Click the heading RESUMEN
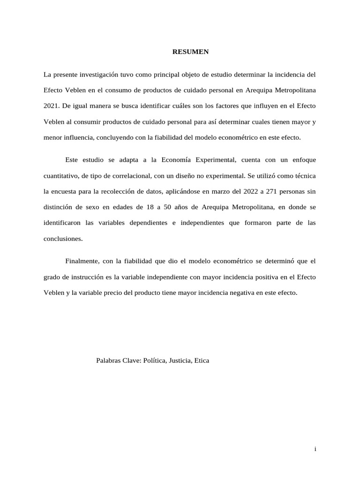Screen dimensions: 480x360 pyautogui.click(x=190, y=52)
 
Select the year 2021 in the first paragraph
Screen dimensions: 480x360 pyautogui.click(x=51, y=106)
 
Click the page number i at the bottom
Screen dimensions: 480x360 pyautogui.click(x=315, y=449)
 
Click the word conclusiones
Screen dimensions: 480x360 pyautogui.click(x=63, y=238)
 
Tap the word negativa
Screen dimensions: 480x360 pyautogui.click(x=241, y=292)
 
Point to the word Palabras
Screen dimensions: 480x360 pyautogui.click(x=109, y=360)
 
